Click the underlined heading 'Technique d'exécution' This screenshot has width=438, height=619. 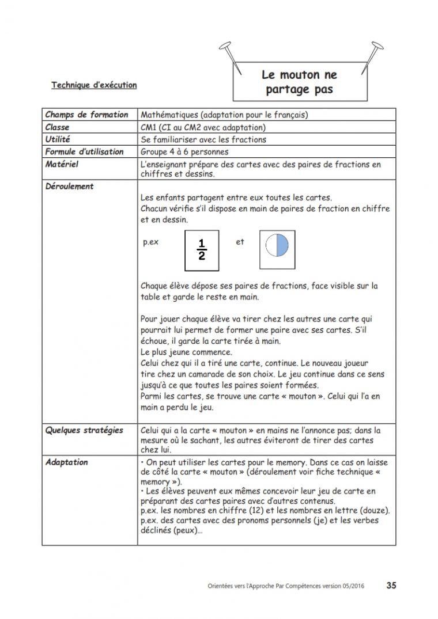94,85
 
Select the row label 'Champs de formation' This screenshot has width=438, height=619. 86,115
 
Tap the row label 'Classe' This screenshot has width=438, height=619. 57,127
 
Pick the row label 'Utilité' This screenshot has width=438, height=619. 57,139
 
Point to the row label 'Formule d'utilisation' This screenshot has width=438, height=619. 84,151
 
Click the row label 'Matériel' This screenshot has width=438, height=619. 62,164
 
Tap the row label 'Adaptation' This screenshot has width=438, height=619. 67,462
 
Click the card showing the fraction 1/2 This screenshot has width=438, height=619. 202,250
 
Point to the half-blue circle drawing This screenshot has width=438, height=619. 276,246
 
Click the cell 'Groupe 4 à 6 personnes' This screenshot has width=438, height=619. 185,152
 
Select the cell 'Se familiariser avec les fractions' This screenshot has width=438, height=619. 203,139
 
